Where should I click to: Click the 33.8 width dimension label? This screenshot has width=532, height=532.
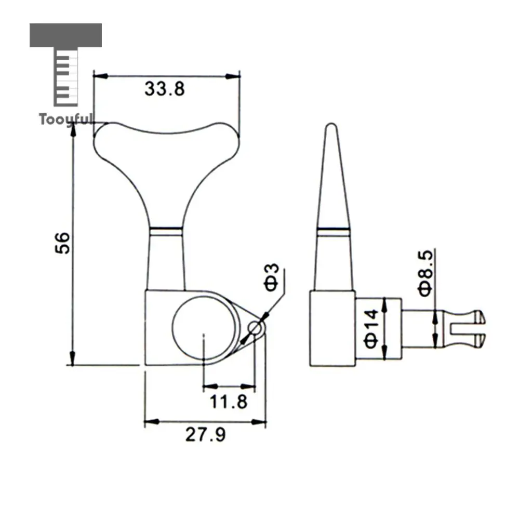(165, 89)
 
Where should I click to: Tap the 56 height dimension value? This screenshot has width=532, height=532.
(62, 243)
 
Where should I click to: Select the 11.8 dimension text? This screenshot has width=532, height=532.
(229, 402)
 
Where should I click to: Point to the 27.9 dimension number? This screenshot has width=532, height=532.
(205, 434)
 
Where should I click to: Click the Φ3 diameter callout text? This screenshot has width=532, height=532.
(271, 277)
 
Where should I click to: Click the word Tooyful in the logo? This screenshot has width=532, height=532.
(66, 119)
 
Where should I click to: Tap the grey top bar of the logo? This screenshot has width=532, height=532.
(66, 35)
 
